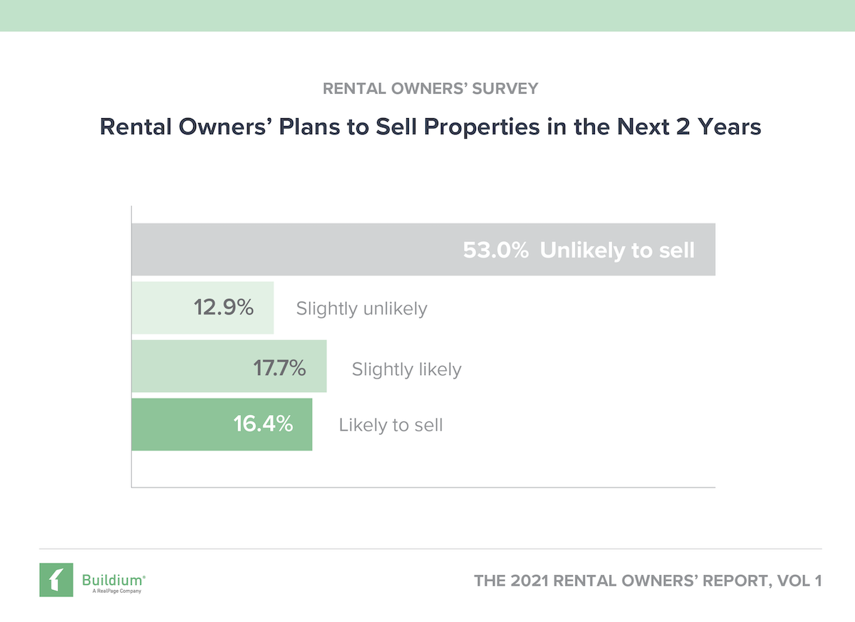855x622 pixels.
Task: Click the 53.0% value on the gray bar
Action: click(x=495, y=251)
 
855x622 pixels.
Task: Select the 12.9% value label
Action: click(x=224, y=308)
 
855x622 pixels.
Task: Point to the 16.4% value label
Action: click(x=263, y=424)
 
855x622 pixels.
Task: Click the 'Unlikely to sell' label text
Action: click(x=617, y=251)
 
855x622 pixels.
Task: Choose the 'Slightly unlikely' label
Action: click(x=361, y=309)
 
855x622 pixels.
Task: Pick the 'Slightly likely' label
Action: click(x=406, y=369)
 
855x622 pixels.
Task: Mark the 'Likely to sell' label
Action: click(x=390, y=426)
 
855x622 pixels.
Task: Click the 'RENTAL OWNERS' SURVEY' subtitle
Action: click(x=430, y=89)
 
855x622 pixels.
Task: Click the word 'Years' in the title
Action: click(x=727, y=127)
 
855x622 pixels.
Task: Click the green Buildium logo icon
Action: click(x=56, y=580)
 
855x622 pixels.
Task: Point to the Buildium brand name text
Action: click(x=113, y=576)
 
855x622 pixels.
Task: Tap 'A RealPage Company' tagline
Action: click(x=111, y=591)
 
